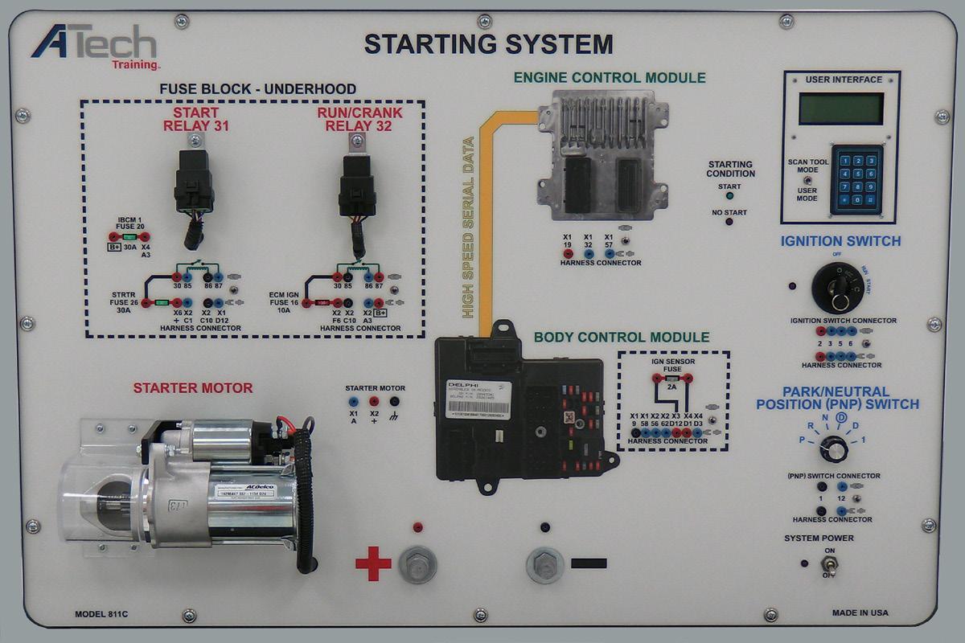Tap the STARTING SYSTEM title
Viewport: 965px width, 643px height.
tap(488, 44)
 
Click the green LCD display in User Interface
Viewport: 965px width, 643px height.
tap(840, 109)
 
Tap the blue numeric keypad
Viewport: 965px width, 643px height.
tap(856, 179)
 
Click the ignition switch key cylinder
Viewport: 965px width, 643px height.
tap(838, 287)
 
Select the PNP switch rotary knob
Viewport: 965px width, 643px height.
tap(834, 449)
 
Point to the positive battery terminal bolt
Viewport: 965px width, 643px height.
tap(417, 564)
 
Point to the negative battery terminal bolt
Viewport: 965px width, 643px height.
tap(545, 564)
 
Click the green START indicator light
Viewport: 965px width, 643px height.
tap(729, 196)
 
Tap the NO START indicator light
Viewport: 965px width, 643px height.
tap(729, 221)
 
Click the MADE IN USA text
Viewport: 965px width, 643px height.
tap(860, 612)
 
